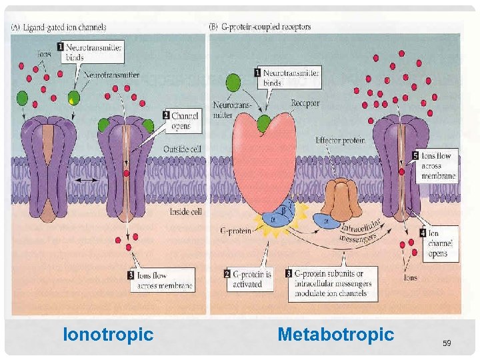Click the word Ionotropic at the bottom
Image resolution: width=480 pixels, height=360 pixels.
(x=108, y=334)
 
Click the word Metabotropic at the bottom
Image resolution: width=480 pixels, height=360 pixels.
(x=335, y=334)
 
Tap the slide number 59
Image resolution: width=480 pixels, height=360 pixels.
(x=447, y=343)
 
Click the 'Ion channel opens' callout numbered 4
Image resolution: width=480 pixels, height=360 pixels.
(x=437, y=243)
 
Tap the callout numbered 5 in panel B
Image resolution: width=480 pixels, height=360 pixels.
(x=436, y=166)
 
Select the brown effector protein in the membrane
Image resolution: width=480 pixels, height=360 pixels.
(x=342, y=199)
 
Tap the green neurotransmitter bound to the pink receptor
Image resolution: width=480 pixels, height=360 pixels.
(x=265, y=123)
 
